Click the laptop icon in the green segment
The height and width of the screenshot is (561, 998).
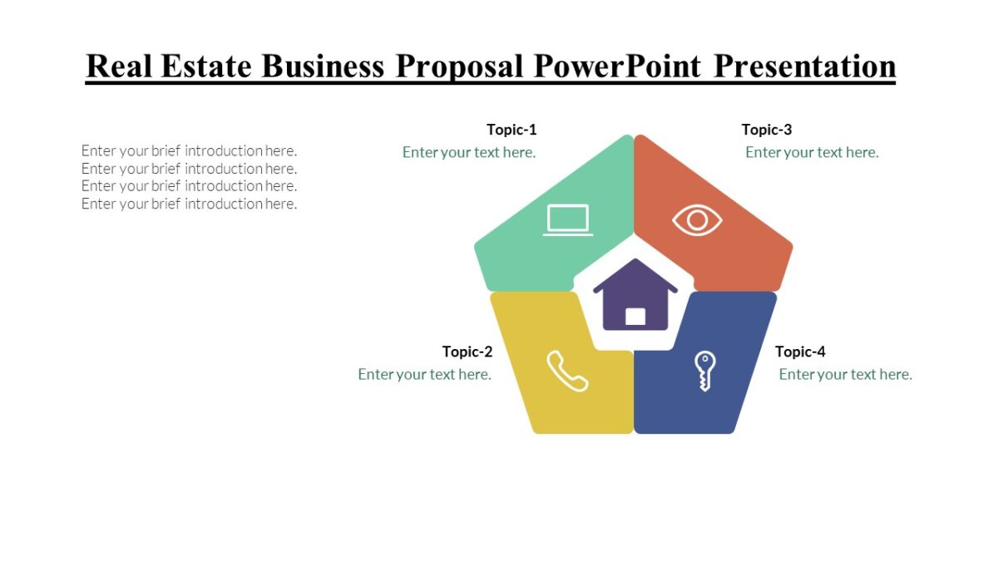coord(568,220)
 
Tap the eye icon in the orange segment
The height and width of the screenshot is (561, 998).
coord(697,220)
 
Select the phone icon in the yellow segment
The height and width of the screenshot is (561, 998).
coord(567,371)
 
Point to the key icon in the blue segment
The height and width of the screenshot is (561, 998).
coord(704,371)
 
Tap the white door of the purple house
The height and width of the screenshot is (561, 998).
coord(635,316)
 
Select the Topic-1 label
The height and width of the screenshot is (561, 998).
coord(511,130)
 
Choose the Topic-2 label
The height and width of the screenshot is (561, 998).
coord(467,352)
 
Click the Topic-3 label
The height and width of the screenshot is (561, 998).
coord(767,130)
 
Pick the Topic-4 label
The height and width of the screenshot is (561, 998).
coord(800,352)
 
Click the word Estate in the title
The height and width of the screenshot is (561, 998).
coord(206,66)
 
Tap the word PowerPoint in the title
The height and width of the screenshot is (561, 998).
coord(617,66)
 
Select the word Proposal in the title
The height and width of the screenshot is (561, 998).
coord(459,66)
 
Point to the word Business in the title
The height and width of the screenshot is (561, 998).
coord(323,66)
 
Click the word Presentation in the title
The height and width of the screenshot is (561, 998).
coord(804,66)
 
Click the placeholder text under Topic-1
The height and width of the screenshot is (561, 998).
coord(469,152)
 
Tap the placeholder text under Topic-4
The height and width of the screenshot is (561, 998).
coord(845,374)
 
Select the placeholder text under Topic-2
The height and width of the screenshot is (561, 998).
coord(424,374)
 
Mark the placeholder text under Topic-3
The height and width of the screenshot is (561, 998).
coord(812,152)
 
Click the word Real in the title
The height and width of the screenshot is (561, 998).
coord(119,66)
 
